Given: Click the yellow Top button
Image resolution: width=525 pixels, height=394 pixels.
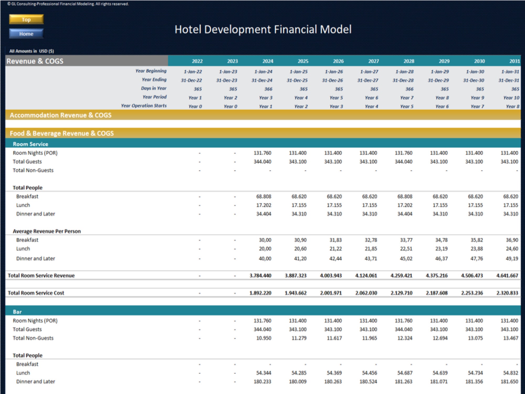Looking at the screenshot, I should (26, 19).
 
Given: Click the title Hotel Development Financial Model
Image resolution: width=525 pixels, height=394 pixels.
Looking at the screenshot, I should (263, 29).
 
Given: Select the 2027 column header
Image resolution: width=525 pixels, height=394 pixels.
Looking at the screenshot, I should (373, 61).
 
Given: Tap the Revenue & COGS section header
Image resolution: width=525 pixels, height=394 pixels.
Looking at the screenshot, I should (35, 61).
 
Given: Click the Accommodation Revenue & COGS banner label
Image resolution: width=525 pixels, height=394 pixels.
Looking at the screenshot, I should (61, 115).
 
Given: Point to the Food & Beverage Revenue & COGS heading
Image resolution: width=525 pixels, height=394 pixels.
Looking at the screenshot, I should (62, 133).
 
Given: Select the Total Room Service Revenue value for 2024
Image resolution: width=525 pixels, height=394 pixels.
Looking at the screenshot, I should (260, 276).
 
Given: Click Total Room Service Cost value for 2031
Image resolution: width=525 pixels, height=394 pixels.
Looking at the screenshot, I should (507, 293).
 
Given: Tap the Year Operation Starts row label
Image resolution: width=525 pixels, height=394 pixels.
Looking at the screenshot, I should (144, 106).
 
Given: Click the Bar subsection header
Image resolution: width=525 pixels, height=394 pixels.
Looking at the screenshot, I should (17, 312).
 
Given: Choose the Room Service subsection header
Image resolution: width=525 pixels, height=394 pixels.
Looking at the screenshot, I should (30, 144).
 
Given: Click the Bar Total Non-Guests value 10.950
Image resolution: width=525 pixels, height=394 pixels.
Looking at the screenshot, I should (264, 338).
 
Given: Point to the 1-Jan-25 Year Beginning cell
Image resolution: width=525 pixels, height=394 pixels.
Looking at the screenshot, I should (298, 71).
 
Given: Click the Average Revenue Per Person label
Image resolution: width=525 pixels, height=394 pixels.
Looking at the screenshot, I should (47, 231).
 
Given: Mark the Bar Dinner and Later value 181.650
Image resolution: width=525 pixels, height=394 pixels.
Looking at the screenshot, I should (509, 381).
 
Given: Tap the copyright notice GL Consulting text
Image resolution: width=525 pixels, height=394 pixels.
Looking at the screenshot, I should (68, 4).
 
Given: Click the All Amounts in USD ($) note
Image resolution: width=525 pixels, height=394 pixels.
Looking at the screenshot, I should (31, 51).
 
